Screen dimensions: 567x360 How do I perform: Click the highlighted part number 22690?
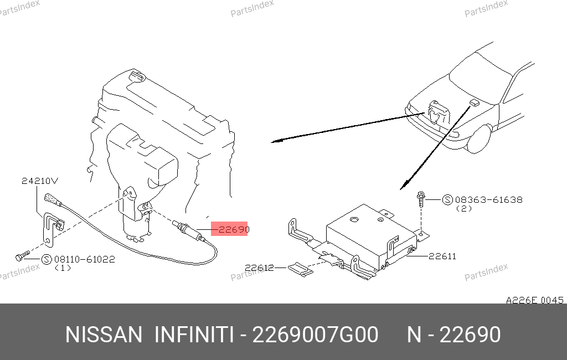[234, 229]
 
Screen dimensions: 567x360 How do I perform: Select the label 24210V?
[40, 181]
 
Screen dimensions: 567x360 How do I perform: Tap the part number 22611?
[442, 256]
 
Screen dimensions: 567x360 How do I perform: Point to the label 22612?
[259, 268]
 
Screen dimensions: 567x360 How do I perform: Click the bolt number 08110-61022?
[84, 259]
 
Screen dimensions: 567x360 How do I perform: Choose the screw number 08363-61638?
[488, 199]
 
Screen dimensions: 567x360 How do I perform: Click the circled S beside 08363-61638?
[447, 200]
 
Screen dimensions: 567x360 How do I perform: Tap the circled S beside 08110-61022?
[47, 259]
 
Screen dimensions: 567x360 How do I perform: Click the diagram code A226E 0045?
[535, 300]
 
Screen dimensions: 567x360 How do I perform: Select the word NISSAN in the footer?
[104, 335]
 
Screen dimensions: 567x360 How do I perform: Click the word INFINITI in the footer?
[194, 335]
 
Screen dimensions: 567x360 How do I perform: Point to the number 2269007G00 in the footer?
[315, 335]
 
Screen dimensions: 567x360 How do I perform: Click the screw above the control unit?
[421, 199]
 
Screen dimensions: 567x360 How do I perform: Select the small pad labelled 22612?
[301, 269]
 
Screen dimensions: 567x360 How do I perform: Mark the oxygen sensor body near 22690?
[188, 230]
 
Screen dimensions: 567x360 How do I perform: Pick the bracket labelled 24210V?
[49, 229]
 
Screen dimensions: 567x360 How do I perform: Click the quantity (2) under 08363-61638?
[464, 208]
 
